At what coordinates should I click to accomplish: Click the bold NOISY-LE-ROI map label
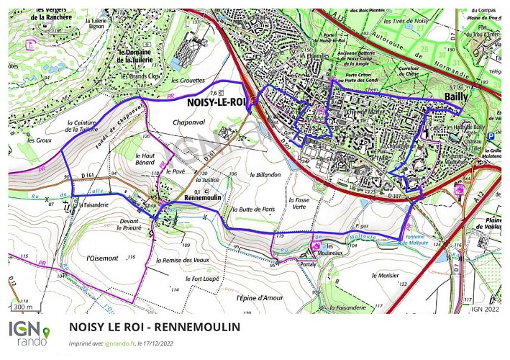(214, 103)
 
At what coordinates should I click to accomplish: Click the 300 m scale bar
(23, 307)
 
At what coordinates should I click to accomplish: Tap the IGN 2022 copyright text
(486, 309)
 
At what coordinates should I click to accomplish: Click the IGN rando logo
(29, 333)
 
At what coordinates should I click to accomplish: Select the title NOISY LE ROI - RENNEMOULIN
(155, 327)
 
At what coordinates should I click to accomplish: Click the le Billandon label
(265, 174)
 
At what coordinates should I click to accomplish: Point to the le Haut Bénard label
(147, 158)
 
